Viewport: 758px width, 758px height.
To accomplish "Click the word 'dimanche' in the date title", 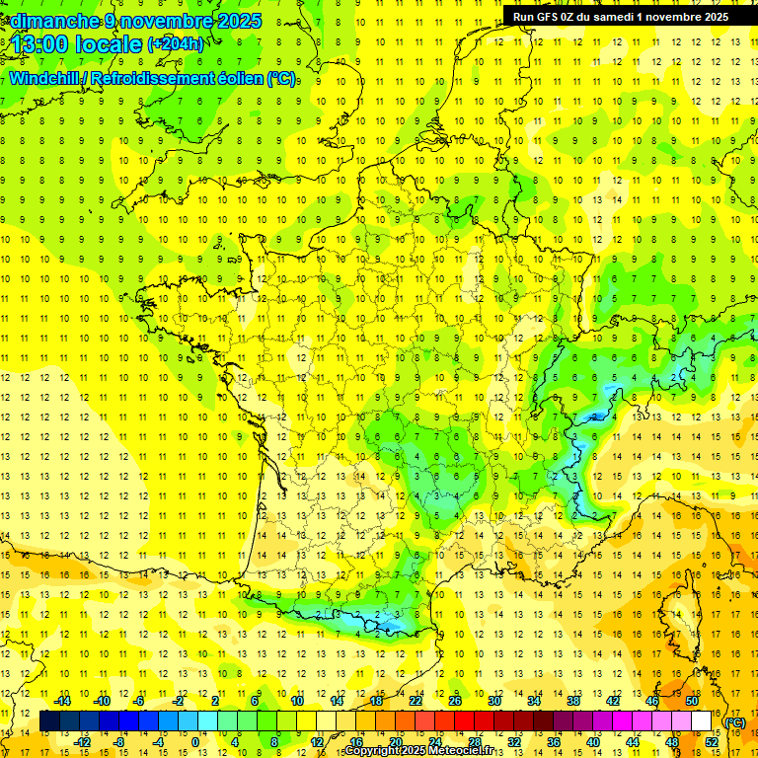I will click(x=54, y=21).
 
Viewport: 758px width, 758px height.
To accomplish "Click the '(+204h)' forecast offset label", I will click(x=176, y=44).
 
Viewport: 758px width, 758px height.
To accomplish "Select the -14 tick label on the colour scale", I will click(x=62, y=701).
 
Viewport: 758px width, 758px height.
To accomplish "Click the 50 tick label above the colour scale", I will click(x=691, y=701).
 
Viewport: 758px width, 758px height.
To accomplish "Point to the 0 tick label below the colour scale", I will click(x=195, y=741).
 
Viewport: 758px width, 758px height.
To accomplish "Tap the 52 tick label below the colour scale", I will click(x=711, y=741).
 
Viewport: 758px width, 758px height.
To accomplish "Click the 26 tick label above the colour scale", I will click(x=455, y=701).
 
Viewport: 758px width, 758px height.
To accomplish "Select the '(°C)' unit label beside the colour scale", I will click(x=735, y=722).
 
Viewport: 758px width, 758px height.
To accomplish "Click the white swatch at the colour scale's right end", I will click(x=701, y=721).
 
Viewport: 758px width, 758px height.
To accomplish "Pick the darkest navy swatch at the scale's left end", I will click(x=49, y=721).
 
